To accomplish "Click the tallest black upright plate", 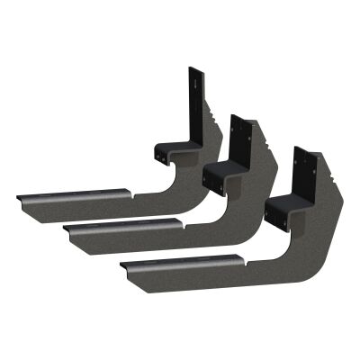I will pos(193,99).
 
